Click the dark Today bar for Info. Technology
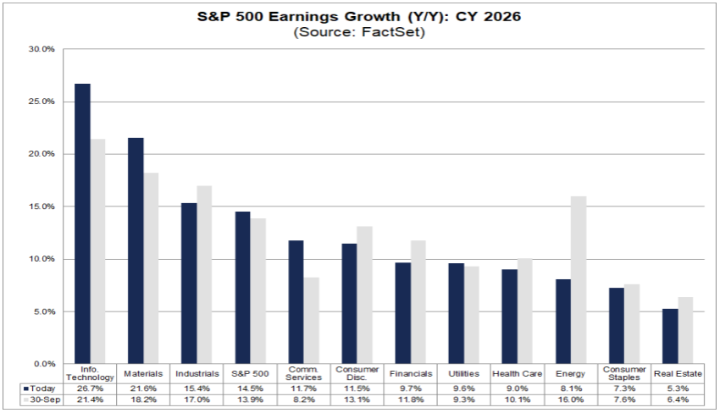coord(82,224)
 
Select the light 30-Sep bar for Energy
coord(579,280)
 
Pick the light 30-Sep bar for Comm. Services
coord(312,321)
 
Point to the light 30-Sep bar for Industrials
coord(205,275)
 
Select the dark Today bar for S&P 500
coord(242,288)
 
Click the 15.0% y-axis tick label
coord(42,206)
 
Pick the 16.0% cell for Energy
coord(570,399)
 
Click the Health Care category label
coord(517,373)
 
